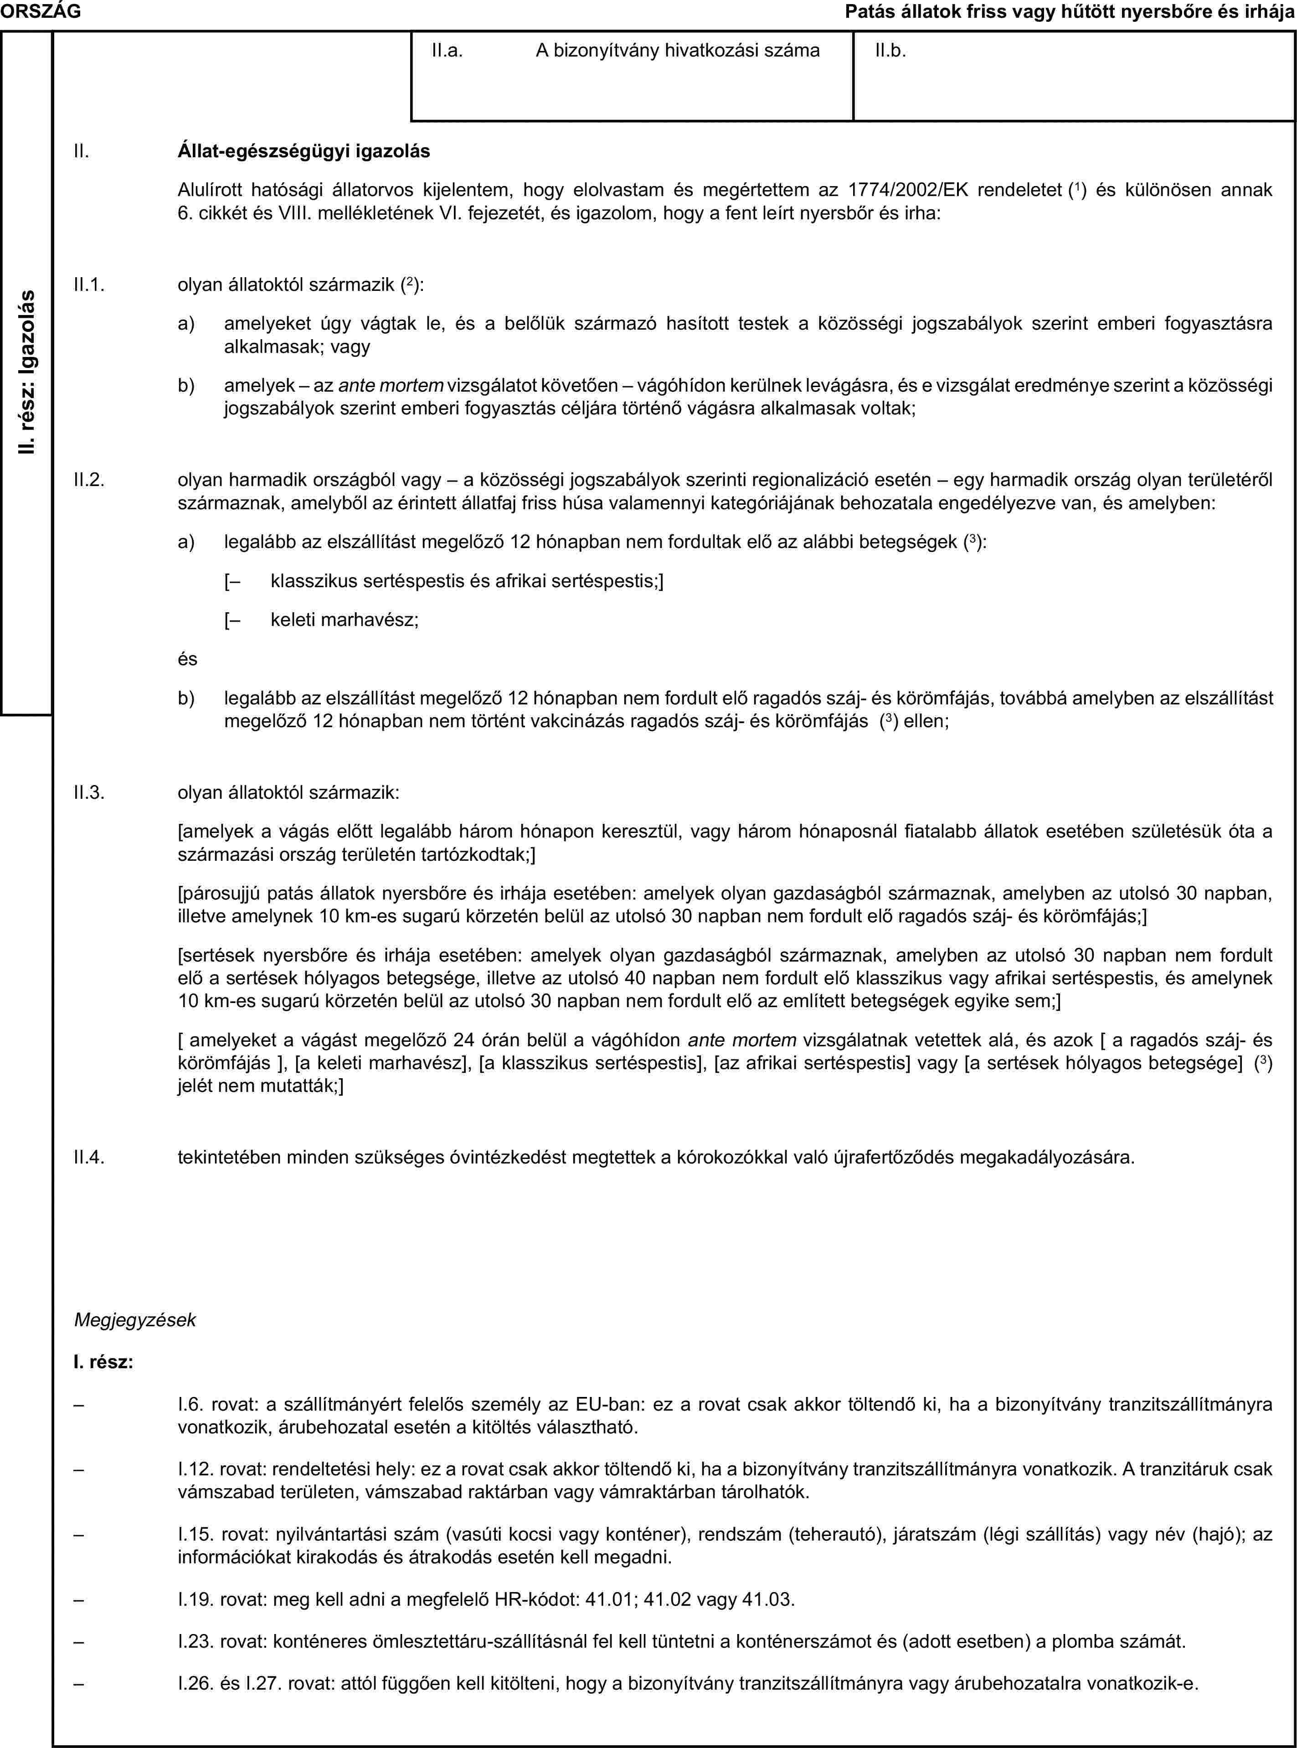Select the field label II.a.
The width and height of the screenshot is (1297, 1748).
click(x=447, y=51)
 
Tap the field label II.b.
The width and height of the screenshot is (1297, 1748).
click(x=890, y=51)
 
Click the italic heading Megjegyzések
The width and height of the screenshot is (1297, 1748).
click(x=135, y=1320)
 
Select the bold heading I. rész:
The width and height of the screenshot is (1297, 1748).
click(x=103, y=1362)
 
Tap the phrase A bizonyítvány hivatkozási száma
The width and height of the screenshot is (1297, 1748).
click(x=678, y=51)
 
